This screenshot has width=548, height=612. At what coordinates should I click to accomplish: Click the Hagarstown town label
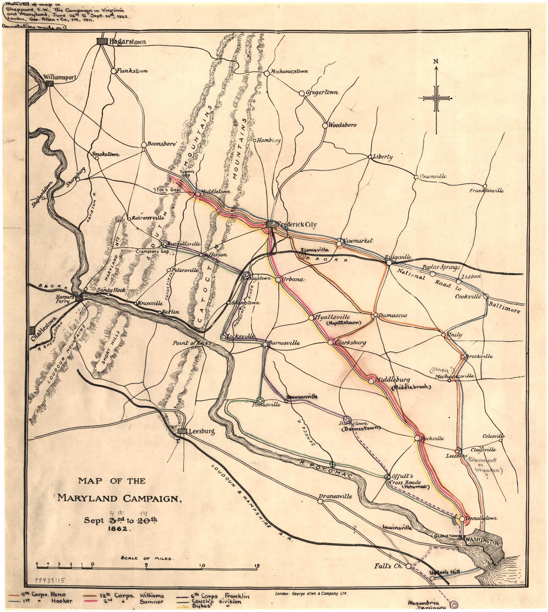pos(128,42)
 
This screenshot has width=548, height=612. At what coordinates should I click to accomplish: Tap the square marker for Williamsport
pos(50,84)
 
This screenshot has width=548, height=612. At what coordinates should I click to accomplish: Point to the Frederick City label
pos(296,225)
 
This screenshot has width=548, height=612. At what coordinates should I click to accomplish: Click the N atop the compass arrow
pos(436,61)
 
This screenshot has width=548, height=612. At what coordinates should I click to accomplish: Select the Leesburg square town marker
pos(183,432)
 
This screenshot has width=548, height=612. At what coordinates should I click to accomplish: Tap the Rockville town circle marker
pos(417,438)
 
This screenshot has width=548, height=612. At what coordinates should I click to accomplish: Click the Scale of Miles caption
pos(147,559)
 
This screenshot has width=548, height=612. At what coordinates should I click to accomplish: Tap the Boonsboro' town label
pos(163,144)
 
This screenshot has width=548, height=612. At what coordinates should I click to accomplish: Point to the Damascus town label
pos(393,315)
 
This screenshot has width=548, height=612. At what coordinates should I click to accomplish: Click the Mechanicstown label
pos(289,71)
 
